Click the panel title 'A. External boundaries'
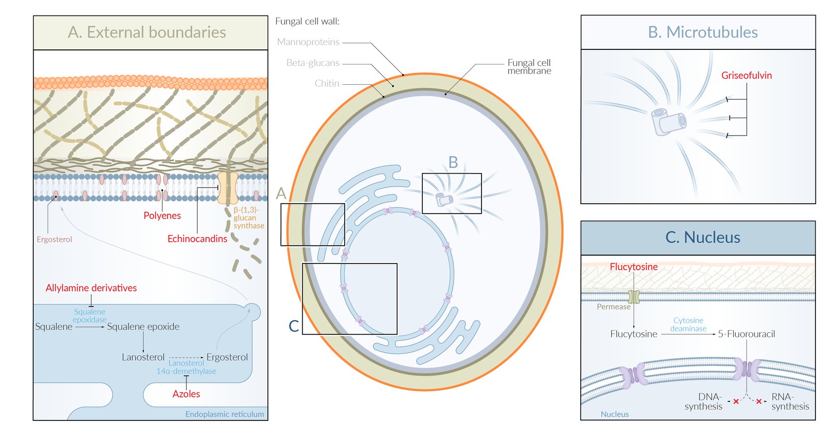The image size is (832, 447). [x=147, y=32]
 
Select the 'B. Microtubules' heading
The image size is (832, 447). [x=703, y=32]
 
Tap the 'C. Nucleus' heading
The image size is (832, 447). [x=703, y=238]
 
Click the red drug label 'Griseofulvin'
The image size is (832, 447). [x=746, y=75]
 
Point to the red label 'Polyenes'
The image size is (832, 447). [x=162, y=216]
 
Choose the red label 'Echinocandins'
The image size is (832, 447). [x=197, y=239]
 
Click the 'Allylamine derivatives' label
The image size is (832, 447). [x=91, y=288]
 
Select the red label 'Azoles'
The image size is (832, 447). [x=186, y=394]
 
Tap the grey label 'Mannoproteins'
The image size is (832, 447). [x=308, y=42]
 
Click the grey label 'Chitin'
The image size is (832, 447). [x=327, y=84]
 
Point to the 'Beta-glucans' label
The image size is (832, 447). [x=313, y=63]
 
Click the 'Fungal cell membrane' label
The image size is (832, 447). [x=529, y=67]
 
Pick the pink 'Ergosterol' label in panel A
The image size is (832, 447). [x=54, y=240]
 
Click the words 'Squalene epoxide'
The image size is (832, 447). [x=143, y=327]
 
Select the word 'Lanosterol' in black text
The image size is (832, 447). [x=143, y=357]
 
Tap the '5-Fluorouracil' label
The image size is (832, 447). [x=746, y=334]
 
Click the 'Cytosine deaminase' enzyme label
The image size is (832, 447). [x=688, y=324]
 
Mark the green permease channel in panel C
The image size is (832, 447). [x=633, y=297]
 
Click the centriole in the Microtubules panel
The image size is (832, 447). [x=668, y=122]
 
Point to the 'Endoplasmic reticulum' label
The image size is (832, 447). [x=225, y=414]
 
